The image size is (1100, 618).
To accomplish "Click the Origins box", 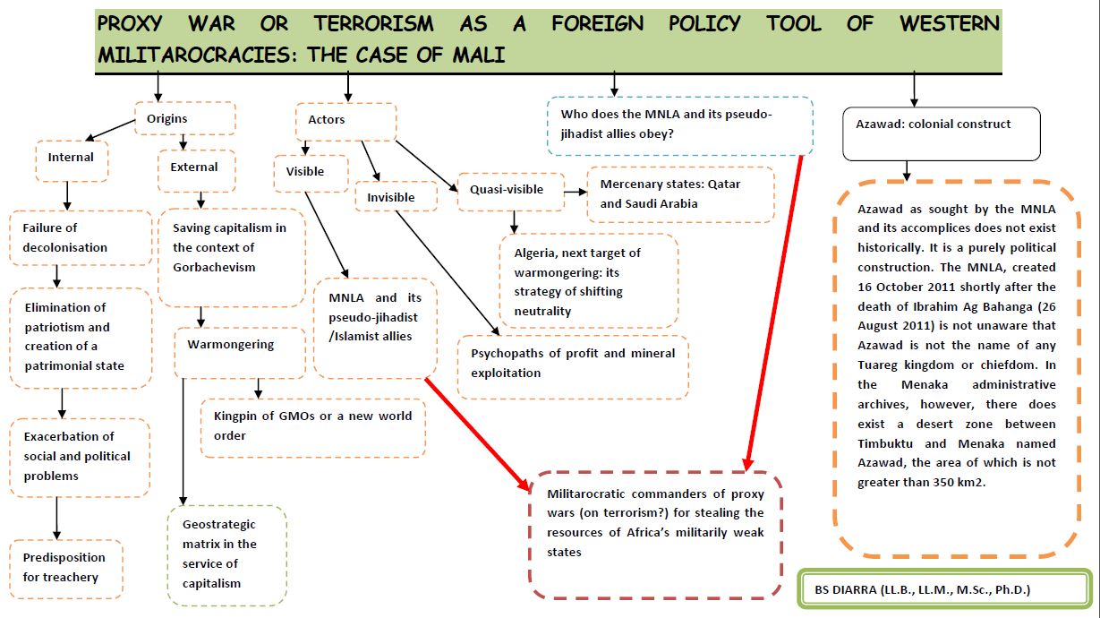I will [x=184, y=118].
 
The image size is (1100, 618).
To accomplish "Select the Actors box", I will [x=345, y=120].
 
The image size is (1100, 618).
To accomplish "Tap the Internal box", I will [x=72, y=159].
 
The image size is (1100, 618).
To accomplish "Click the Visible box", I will [x=310, y=172].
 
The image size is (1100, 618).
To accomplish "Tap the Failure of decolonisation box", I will [x=81, y=237].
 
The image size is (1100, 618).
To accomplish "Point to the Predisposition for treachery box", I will [x=66, y=568].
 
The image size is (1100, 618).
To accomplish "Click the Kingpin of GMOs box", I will [x=313, y=426].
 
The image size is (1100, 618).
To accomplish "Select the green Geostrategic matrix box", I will [x=226, y=554].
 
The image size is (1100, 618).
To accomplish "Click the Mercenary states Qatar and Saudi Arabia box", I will [x=680, y=193].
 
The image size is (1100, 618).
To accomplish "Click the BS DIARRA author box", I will [x=944, y=589].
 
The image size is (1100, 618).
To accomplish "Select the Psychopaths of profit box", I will [x=573, y=363].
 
